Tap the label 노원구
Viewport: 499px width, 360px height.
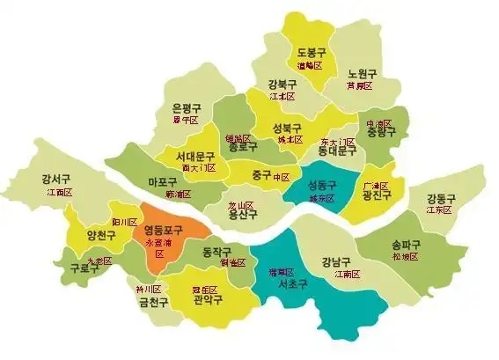coord(361,74)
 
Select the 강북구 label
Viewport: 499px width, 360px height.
coord(283,84)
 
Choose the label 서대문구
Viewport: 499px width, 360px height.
coord(195,156)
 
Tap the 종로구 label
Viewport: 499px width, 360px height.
coord(243,150)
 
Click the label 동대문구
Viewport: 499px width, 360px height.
coord(337,151)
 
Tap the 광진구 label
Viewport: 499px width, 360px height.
coord(377,196)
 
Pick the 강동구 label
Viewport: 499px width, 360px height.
coord(438,198)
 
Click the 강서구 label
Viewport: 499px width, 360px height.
coord(55,180)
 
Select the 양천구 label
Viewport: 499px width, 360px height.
coord(101,235)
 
